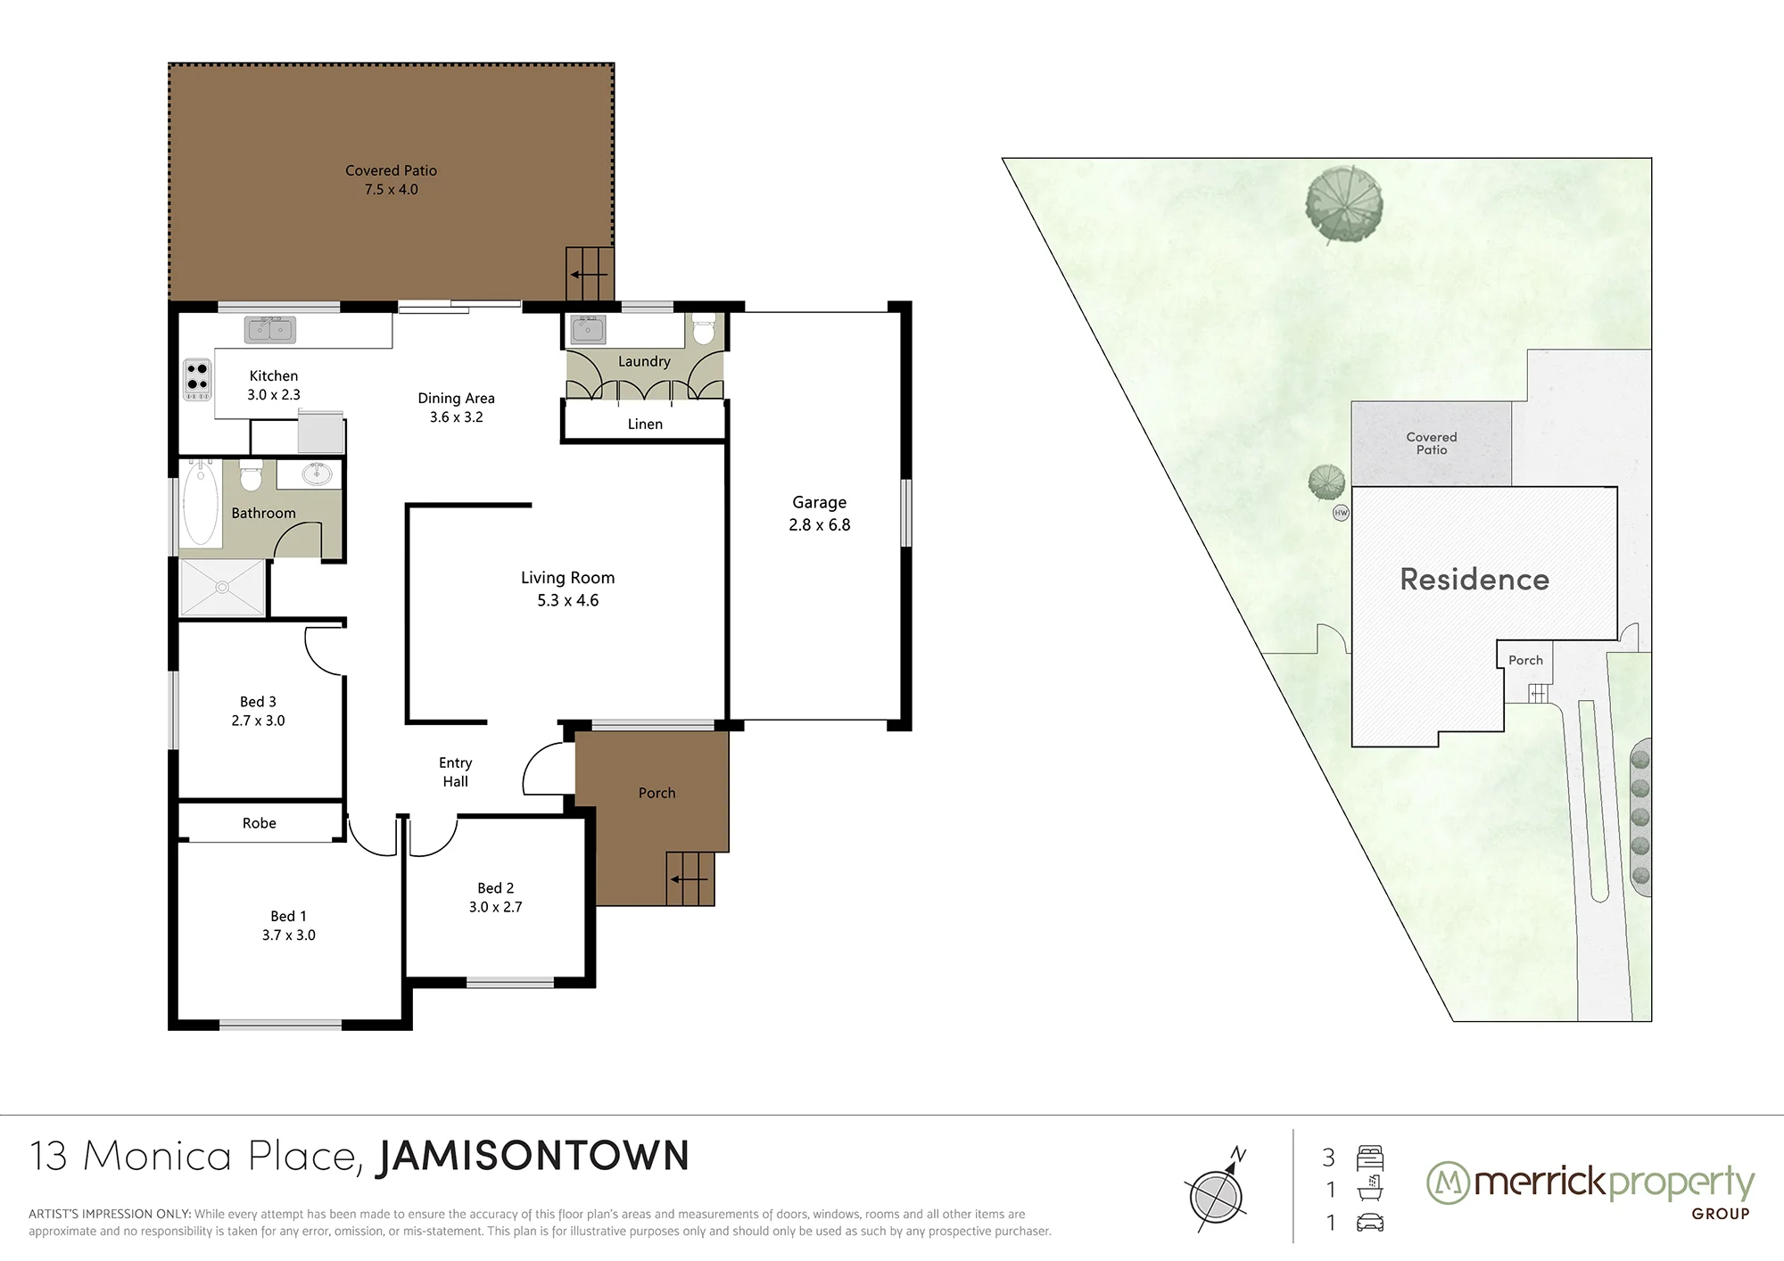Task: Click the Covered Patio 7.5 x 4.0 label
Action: [x=391, y=179]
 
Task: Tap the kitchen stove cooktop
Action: [x=197, y=379]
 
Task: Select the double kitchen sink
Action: [x=270, y=330]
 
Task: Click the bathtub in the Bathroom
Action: [x=201, y=503]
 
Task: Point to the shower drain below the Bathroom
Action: [x=222, y=587]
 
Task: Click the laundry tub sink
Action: [x=588, y=329]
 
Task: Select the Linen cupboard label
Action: [x=645, y=424]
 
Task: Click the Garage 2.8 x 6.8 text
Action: [x=820, y=514]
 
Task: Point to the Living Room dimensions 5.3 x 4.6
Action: [x=568, y=600]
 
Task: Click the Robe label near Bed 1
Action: [x=260, y=823]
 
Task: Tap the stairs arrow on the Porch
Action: [x=690, y=879]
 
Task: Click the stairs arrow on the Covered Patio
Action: [x=589, y=274]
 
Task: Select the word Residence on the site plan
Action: [x=1474, y=580]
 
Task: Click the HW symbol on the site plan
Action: [x=1341, y=513]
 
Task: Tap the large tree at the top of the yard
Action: [x=1343, y=204]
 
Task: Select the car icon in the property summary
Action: [x=1369, y=1222]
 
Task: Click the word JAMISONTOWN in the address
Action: [x=534, y=1156]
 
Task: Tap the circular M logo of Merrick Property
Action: [x=1449, y=1183]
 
